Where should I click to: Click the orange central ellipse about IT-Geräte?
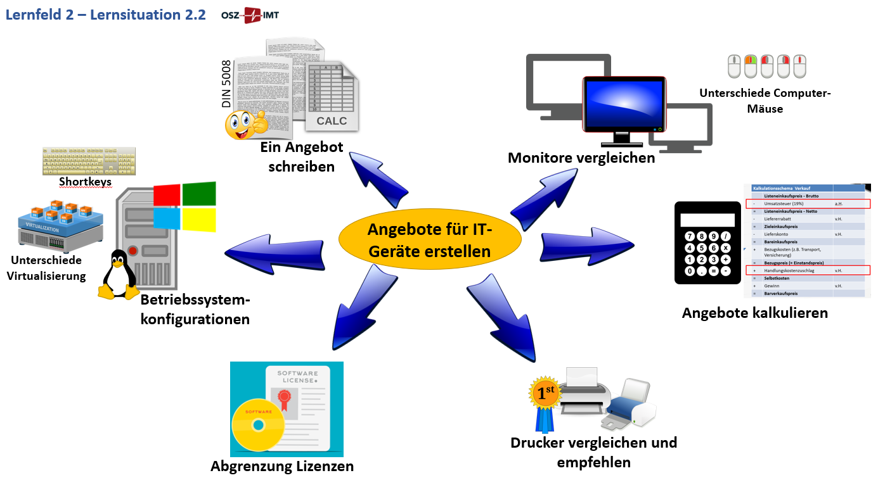coord(429,240)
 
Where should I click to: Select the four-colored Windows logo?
coord(184,208)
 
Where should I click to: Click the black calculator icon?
coord(707,242)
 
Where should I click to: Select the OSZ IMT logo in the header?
coord(250,15)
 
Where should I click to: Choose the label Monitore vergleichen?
coord(581,158)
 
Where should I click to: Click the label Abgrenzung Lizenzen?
coord(282,467)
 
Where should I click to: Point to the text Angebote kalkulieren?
coord(754,313)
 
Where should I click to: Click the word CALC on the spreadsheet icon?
coord(332,120)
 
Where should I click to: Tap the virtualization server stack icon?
coord(60,224)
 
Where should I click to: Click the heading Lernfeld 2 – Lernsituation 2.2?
coord(106,15)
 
